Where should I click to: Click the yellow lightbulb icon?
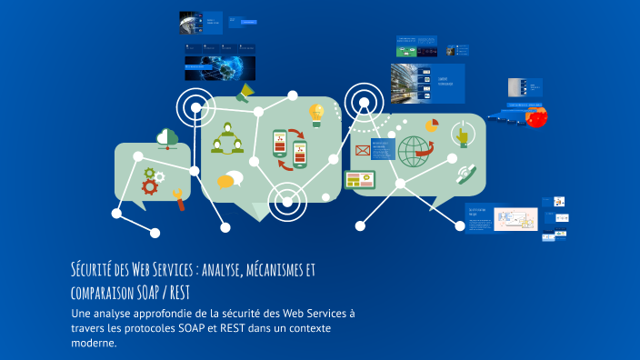316,113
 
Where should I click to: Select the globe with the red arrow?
414,150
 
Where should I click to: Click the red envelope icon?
362,151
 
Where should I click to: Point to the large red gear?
149,187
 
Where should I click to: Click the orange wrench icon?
178,197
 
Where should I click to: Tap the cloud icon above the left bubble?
167,137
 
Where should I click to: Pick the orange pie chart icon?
432,125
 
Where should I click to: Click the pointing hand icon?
462,137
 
